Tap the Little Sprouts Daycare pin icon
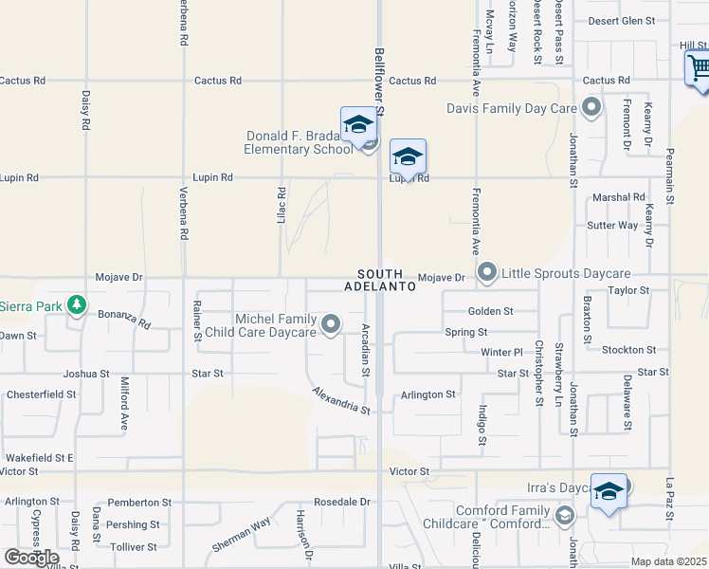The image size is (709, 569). click(487, 273)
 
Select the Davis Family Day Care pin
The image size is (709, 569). click(592, 107)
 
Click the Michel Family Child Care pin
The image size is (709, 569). click(331, 325)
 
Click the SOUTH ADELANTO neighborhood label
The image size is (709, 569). click(380, 279)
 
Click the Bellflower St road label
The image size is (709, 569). click(379, 83)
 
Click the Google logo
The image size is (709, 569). click(31, 557)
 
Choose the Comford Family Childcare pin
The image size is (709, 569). click(565, 516)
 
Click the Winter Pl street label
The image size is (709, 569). click(501, 352)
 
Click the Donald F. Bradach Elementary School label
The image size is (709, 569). click(299, 142)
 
